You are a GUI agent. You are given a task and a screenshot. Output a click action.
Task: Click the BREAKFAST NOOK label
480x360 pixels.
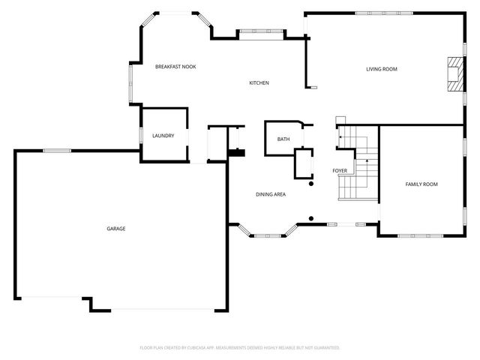[x=175, y=67]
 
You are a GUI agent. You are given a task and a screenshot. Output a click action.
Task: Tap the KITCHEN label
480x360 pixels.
[x=259, y=82]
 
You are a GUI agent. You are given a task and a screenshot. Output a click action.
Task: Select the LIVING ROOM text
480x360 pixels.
[x=381, y=69]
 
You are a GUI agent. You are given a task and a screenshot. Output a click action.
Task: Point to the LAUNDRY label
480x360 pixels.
[x=163, y=136]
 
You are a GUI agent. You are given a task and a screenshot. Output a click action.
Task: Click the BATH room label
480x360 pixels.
[x=283, y=139]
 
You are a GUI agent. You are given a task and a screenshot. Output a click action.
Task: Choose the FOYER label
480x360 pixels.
[x=340, y=171]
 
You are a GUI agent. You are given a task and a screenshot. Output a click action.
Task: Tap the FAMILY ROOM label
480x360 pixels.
[x=421, y=184]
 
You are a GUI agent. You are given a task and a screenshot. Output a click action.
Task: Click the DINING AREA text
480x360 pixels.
[x=271, y=194]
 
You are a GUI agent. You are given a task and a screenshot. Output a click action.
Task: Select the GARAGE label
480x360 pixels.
[x=115, y=228]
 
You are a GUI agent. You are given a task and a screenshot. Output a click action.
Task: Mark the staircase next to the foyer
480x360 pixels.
[x=358, y=163]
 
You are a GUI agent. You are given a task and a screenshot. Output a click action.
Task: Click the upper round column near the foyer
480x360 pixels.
[x=312, y=183]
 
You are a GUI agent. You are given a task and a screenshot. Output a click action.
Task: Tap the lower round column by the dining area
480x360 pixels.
[x=310, y=219]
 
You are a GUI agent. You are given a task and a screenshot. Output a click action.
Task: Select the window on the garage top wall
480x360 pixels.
[x=57, y=151]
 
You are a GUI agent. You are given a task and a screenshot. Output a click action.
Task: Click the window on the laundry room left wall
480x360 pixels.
[x=142, y=136]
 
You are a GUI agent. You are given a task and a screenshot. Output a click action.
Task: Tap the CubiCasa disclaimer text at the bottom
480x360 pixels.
[x=240, y=348]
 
